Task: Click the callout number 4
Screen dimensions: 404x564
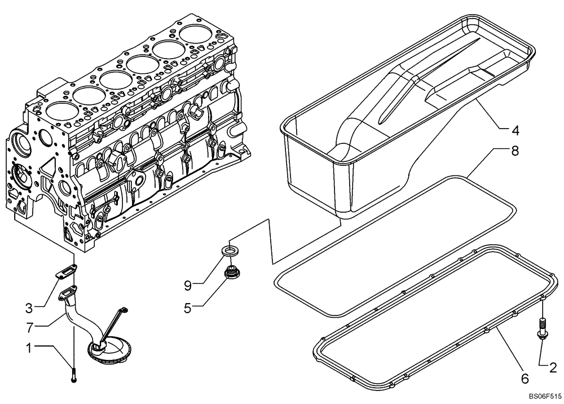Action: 515,130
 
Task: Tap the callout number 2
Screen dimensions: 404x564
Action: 552,368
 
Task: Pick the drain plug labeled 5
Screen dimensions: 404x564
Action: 230,273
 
